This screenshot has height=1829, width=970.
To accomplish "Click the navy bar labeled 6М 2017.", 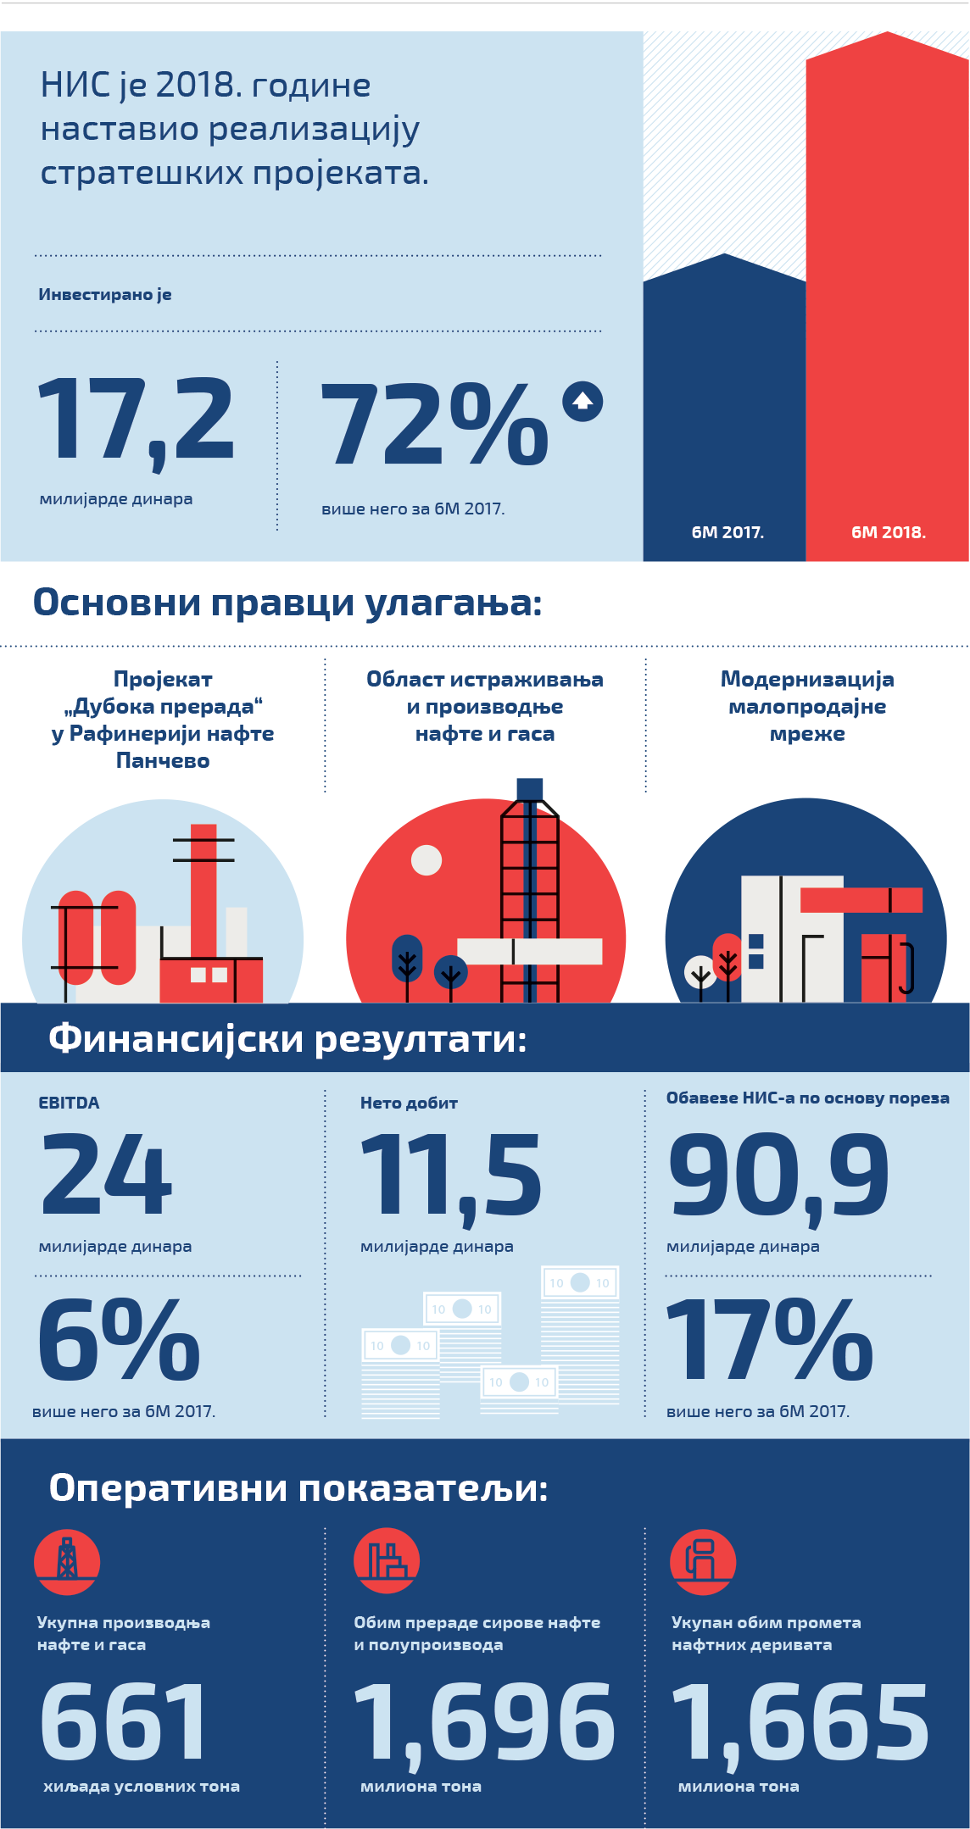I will coord(724,407).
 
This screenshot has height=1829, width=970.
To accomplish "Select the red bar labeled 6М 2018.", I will coord(887,297).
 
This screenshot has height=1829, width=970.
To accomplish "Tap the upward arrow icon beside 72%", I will coord(583,401).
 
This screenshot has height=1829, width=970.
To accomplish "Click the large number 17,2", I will coord(136,420).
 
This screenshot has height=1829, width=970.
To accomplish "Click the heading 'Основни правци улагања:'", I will coord(287,603).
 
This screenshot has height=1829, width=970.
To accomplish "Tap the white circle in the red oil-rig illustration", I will coord(426,859).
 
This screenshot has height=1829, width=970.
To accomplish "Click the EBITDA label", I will coord(69,1103).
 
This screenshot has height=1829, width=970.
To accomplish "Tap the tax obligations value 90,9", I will coord(778,1176).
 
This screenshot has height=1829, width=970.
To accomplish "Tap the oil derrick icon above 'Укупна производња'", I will coord(67,1561).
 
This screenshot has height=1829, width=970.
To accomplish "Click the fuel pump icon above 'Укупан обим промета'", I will coord(702,1561).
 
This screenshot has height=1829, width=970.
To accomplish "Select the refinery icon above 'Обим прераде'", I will coord(387,1561).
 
